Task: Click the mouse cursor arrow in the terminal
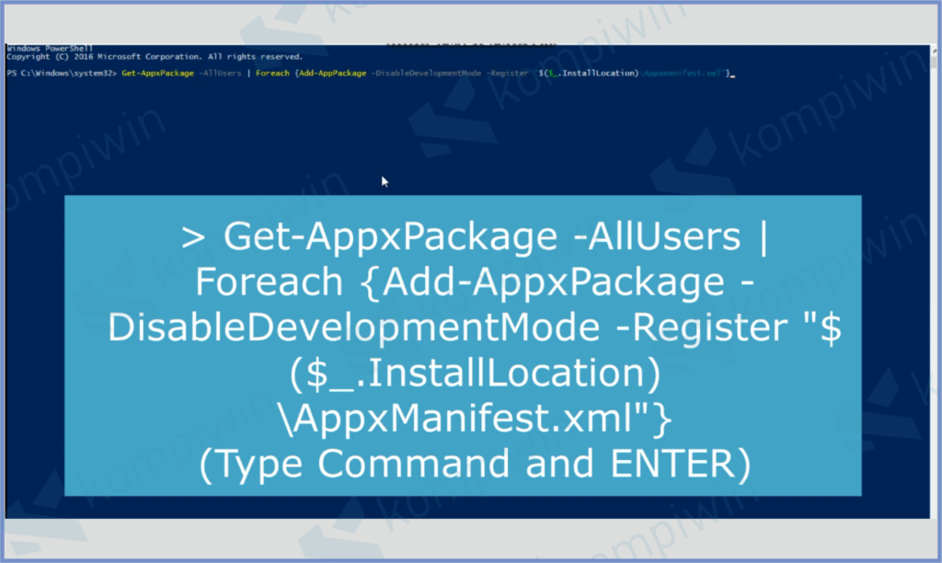click(x=385, y=181)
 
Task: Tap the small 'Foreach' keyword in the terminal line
click(x=272, y=72)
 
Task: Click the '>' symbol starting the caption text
click(x=192, y=238)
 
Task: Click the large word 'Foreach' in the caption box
click(x=258, y=283)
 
